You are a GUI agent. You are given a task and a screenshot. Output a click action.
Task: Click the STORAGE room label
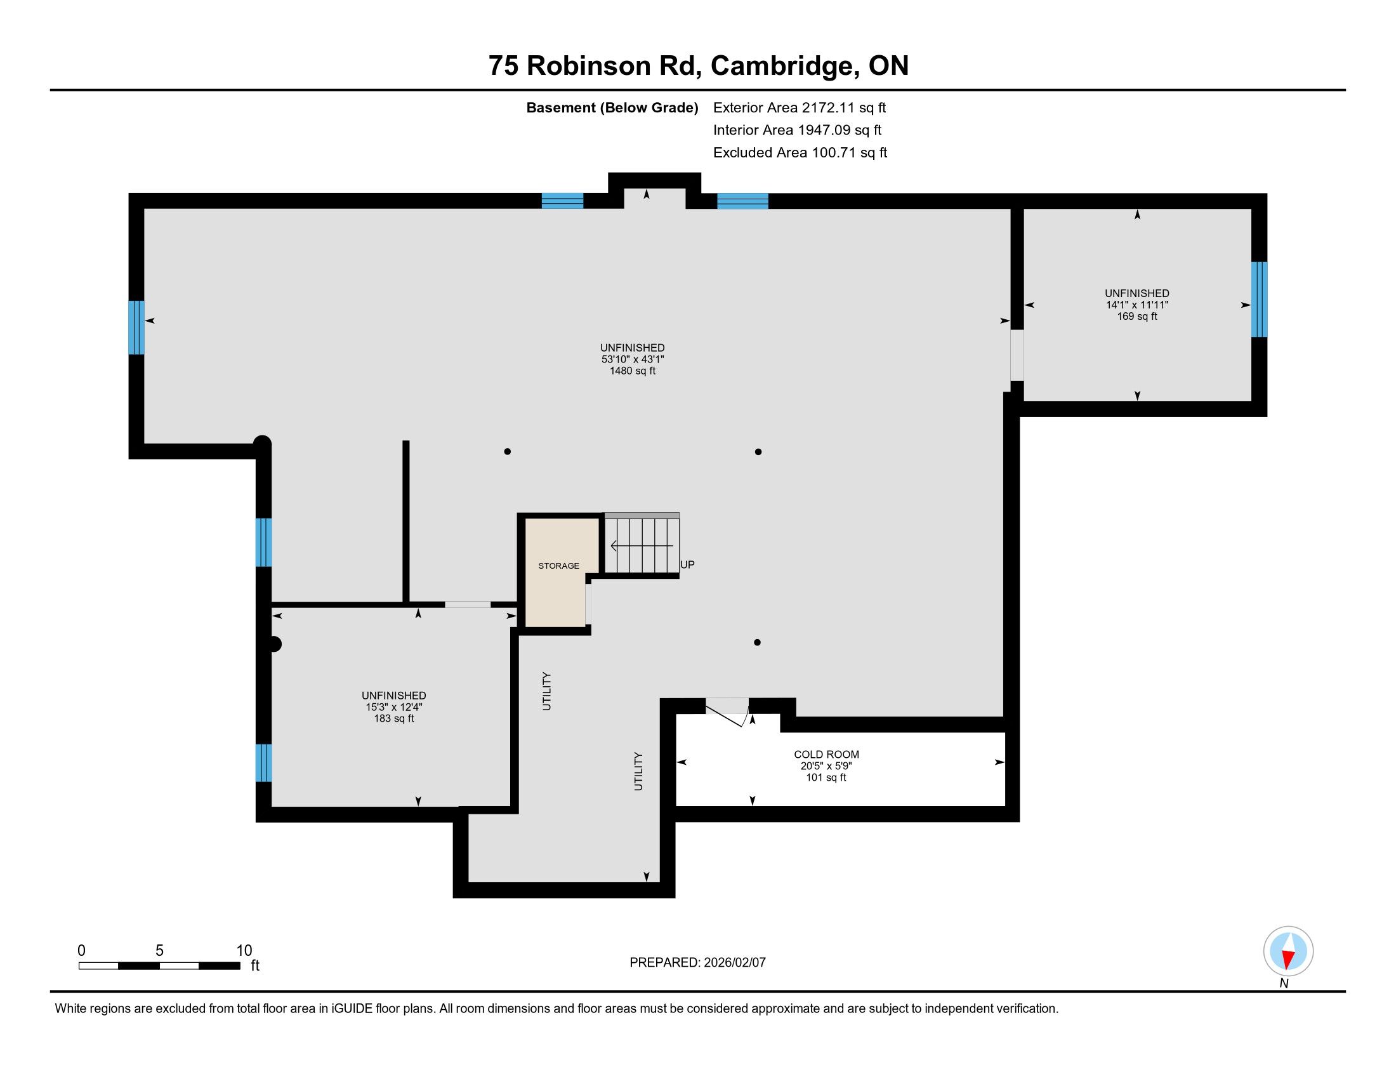point(558,566)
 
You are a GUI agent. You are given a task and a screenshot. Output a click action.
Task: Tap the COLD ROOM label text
point(826,754)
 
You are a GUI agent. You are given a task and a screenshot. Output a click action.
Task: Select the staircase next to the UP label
point(642,545)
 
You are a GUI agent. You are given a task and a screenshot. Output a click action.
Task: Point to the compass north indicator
point(1288,951)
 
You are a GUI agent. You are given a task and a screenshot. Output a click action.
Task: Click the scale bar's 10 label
point(244,951)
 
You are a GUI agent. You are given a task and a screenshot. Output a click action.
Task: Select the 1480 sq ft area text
point(632,371)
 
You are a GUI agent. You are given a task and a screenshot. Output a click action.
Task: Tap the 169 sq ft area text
point(1137,317)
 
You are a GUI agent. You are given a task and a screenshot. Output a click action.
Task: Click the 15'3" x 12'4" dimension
point(394,707)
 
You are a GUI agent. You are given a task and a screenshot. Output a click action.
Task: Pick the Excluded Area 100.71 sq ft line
point(800,152)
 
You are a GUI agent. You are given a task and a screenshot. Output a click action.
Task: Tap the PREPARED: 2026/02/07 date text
point(697,963)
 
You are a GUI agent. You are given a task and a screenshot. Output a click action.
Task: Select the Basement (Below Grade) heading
point(612,107)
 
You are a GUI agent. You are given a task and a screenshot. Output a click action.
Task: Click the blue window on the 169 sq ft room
point(1259,299)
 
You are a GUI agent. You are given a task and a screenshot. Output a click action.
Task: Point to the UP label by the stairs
point(687,564)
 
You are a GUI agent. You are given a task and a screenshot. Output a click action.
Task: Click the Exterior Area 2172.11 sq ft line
point(800,107)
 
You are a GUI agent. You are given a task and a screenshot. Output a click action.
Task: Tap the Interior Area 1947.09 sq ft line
point(797,129)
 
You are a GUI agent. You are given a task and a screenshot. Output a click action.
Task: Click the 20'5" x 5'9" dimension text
point(826,766)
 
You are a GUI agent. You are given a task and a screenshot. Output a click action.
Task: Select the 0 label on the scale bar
point(81,951)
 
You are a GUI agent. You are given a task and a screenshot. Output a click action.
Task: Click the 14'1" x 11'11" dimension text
point(1137,305)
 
